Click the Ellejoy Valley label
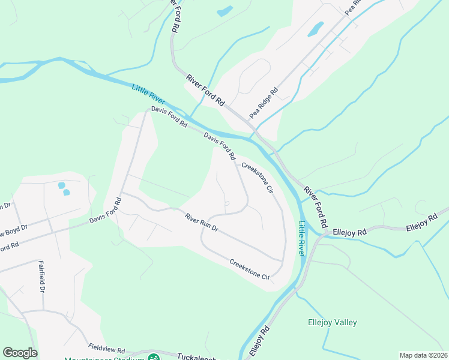332,322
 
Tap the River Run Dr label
201,223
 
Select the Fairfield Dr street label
42,276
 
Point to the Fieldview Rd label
106,349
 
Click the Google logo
20,353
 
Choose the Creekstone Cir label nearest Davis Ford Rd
258,178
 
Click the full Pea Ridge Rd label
264,103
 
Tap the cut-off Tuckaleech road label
197,356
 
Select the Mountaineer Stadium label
104,358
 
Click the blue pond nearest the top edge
224,11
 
